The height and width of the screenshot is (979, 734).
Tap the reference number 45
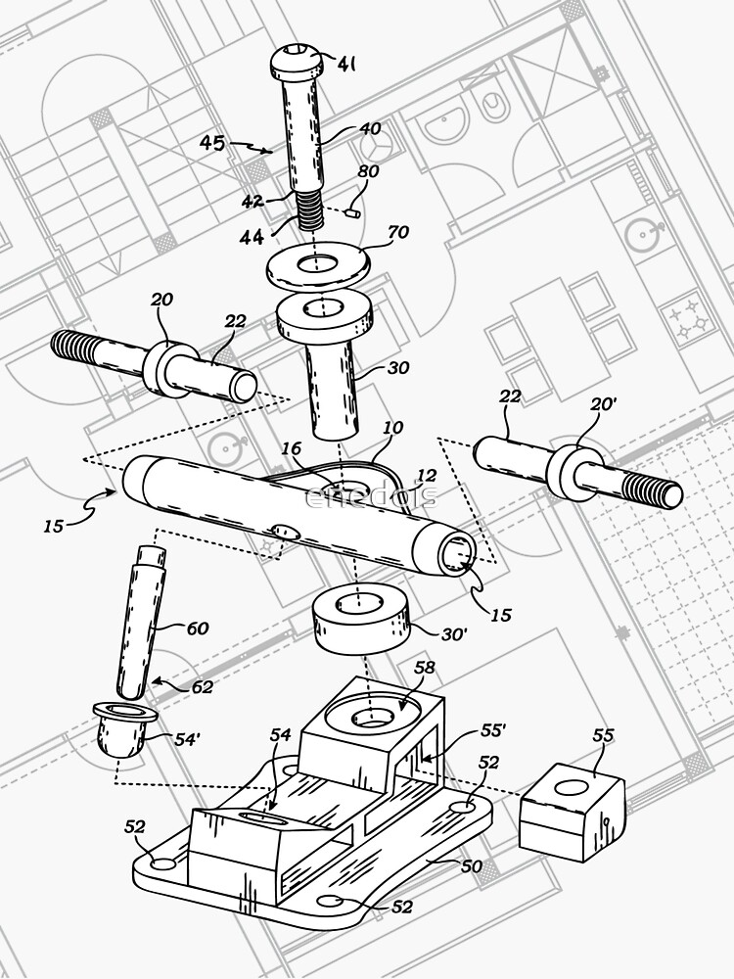pyautogui.click(x=212, y=143)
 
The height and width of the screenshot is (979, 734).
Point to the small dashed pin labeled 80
pyautogui.click(x=354, y=210)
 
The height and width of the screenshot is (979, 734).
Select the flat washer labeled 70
pyautogui.click(x=319, y=265)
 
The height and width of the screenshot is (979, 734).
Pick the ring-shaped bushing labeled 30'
pyautogui.click(x=363, y=623)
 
